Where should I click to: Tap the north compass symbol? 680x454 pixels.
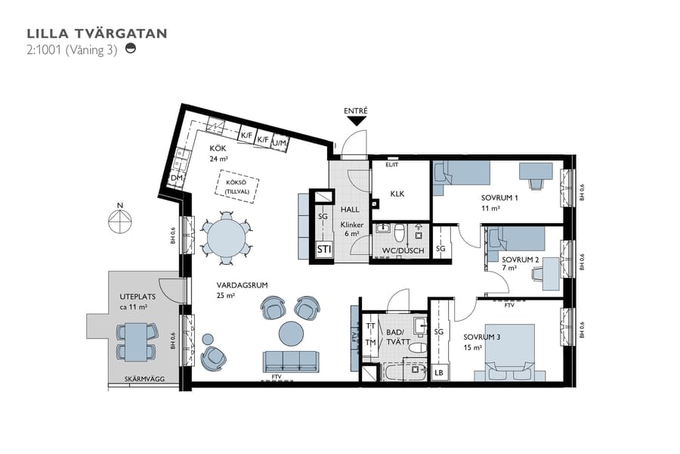[120, 220]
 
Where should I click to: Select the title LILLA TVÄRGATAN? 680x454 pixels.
[97, 33]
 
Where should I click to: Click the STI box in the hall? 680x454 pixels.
[324, 250]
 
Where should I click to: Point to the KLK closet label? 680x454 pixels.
[397, 194]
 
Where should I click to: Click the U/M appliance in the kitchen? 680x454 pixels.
[280, 141]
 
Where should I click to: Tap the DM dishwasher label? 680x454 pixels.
[177, 179]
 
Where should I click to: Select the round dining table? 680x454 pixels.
[225, 237]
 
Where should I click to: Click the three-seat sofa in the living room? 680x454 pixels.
[291, 359]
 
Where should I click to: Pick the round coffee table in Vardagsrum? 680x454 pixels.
[291, 333]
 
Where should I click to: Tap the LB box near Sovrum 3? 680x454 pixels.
[439, 372]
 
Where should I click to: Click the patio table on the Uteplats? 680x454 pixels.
[136, 339]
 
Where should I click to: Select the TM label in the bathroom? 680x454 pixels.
[370, 342]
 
